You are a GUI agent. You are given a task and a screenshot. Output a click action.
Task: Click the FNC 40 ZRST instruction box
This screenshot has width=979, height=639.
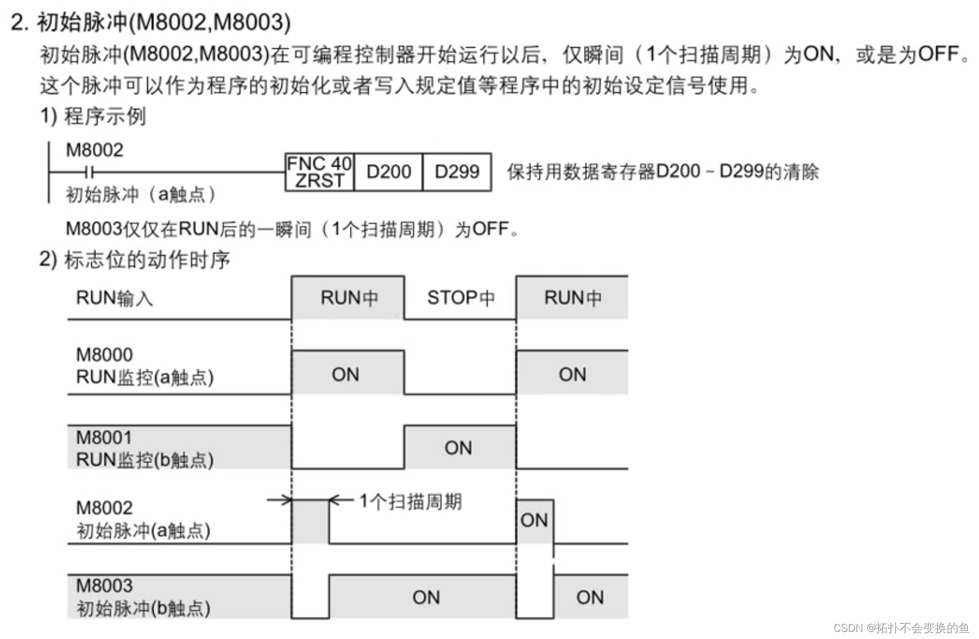tap(319, 172)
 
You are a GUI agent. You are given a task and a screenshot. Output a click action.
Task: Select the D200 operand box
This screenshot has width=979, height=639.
tap(389, 172)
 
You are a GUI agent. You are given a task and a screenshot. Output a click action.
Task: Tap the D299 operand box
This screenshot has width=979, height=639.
tap(457, 172)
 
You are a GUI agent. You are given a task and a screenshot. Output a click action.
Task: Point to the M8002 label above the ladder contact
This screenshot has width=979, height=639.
tap(94, 150)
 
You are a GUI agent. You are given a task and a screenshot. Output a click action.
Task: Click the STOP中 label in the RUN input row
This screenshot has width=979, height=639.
tap(460, 298)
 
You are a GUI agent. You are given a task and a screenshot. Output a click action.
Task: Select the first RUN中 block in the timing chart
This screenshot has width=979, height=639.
tap(349, 298)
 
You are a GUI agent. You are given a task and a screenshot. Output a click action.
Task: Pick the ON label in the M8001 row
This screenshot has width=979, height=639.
tap(458, 448)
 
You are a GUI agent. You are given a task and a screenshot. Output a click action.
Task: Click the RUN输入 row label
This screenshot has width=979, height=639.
tap(115, 298)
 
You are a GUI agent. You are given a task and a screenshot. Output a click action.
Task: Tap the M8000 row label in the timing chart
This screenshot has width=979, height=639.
tap(104, 354)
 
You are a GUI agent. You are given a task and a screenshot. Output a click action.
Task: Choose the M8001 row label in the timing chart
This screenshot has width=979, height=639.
tap(104, 437)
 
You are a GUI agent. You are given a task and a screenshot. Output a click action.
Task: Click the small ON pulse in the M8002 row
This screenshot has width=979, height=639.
tap(534, 520)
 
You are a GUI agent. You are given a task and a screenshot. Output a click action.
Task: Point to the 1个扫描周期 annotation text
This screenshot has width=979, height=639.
tap(410, 502)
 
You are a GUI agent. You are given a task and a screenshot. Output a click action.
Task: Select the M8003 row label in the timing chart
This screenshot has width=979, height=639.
tap(104, 585)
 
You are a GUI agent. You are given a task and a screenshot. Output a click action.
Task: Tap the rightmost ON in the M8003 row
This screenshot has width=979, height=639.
tap(590, 597)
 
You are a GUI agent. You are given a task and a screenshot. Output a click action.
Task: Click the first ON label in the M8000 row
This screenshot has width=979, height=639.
tap(345, 374)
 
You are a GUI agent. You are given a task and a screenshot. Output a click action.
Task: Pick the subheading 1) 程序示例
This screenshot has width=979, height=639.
tap(93, 116)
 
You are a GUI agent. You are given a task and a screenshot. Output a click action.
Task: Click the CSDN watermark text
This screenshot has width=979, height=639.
tap(901, 628)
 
